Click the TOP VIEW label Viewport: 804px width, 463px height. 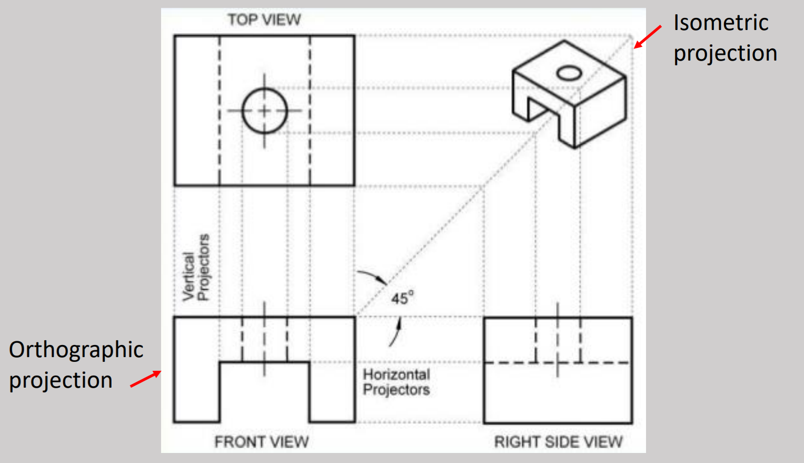264,20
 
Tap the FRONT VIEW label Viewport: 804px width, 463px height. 261,441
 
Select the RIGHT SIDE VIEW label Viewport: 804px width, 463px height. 558,441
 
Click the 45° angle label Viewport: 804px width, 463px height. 402,298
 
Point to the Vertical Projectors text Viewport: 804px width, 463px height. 196,268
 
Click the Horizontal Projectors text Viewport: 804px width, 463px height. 396,382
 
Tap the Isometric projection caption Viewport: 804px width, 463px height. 724,38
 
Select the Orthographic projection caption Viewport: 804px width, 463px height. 76,365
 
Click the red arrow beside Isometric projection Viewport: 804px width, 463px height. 648,36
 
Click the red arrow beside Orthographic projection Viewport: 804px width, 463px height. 146,379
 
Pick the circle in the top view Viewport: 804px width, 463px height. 264,111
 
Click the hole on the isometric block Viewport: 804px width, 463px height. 569,73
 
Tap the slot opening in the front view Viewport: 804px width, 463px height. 264,392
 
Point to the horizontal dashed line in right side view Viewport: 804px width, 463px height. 606,362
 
